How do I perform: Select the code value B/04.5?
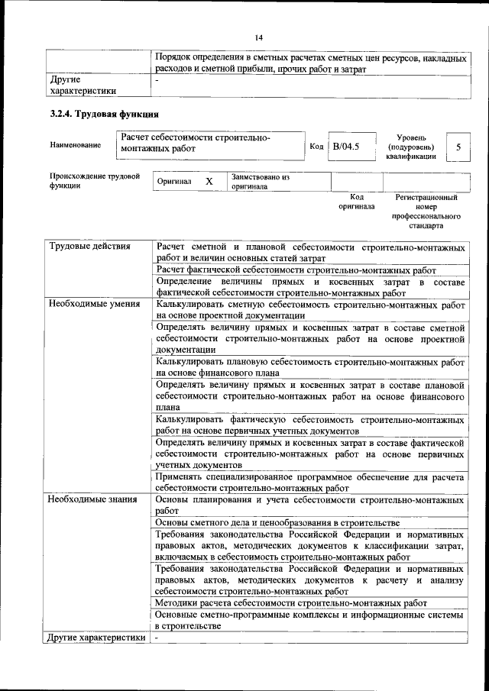point(345,145)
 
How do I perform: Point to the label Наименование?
point(75,145)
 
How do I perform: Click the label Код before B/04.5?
point(316,146)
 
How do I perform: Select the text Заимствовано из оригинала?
point(260,182)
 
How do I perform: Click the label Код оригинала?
point(357,202)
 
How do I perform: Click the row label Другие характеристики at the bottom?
point(96,637)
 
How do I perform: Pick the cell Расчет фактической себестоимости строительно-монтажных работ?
point(295,270)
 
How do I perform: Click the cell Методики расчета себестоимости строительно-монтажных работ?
point(290,602)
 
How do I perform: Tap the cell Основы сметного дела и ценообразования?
point(277,522)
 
